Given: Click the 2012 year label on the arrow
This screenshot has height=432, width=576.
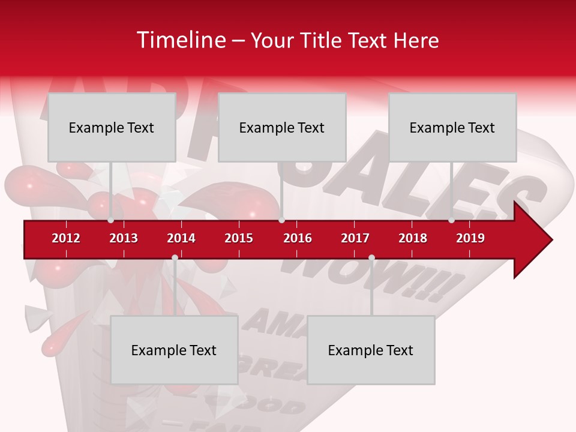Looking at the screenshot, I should (x=66, y=238).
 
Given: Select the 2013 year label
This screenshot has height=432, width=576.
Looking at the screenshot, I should (x=124, y=238).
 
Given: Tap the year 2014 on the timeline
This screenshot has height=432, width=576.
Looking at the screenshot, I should (x=181, y=238).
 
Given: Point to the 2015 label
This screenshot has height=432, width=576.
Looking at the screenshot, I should (x=239, y=238).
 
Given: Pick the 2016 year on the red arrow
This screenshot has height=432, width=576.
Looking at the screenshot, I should (x=298, y=238).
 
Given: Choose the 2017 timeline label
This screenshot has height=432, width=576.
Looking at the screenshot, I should (x=355, y=238).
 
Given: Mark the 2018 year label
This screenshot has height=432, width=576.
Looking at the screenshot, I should (x=413, y=238).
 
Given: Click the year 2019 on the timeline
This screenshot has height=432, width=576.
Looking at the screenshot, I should (x=470, y=238).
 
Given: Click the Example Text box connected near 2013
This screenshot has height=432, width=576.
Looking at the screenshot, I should (x=112, y=127).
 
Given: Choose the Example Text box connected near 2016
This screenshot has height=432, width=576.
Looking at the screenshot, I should (x=282, y=127).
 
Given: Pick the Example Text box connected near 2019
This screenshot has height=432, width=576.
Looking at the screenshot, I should (x=452, y=127).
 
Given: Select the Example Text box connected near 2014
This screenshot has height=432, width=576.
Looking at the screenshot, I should (x=174, y=350).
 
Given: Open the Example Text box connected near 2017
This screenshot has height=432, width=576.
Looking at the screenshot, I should (x=371, y=350).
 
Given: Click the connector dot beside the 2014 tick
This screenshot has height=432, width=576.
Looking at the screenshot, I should (x=175, y=257).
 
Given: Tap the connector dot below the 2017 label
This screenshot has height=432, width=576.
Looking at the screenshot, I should (x=371, y=257).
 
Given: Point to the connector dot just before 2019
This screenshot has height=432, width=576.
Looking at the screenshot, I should (x=452, y=220).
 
